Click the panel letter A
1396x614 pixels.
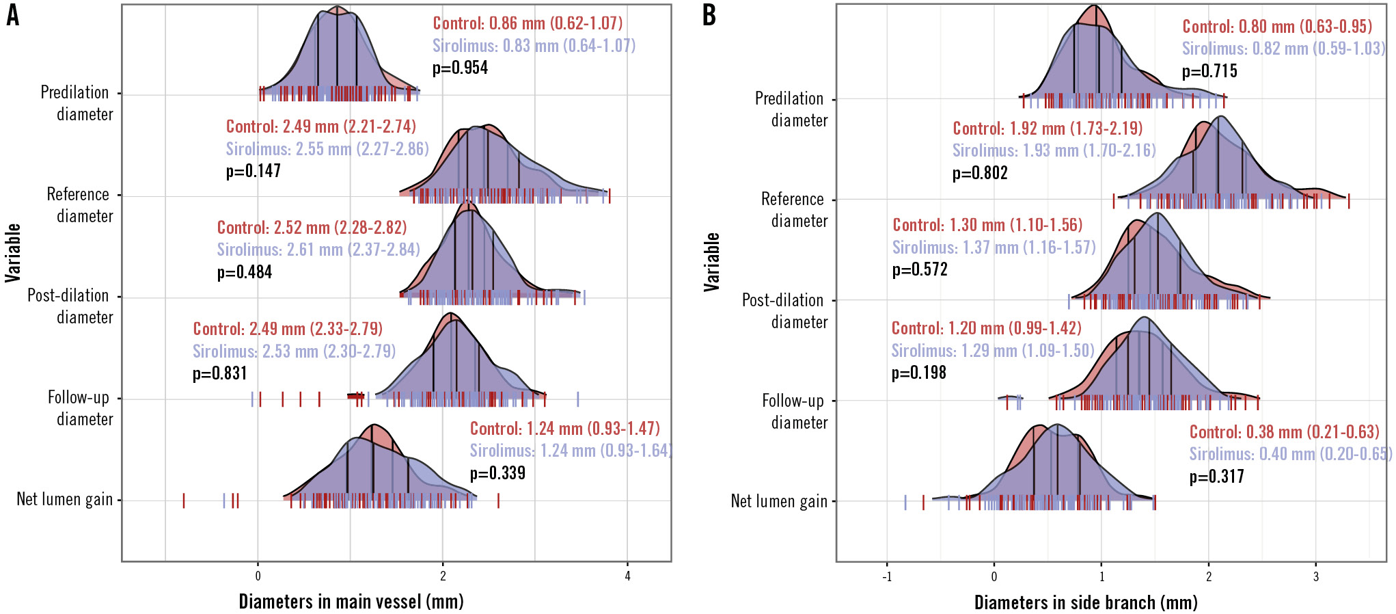pyautogui.click(x=12, y=14)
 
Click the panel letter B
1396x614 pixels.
pyautogui.click(x=709, y=14)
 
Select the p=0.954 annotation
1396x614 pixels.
pyautogui.click(x=460, y=68)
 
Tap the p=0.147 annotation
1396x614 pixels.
pyautogui.click(x=254, y=171)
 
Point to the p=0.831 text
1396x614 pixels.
pyautogui.click(x=220, y=373)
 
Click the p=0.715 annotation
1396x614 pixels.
pyautogui.click(x=1209, y=71)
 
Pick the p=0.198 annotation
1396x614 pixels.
pyautogui.click(x=919, y=373)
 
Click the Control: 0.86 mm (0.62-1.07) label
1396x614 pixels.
pyautogui.click(x=528, y=23)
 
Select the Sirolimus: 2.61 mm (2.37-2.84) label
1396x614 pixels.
pyautogui.click(x=318, y=250)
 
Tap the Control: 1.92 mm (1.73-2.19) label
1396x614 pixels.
pyautogui.click(x=1048, y=129)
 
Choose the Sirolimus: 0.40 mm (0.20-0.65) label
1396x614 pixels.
pyautogui.click(x=1290, y=454)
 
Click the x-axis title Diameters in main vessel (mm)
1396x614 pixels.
pyautogui.click(x=351, y=602)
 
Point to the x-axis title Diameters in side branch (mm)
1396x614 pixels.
pyautogui.click(x=1086, y=602)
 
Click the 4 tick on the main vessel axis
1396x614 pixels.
pyautogui.click(x=627, y=576)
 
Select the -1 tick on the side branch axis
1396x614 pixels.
pyautogui.click(x=886, y=576)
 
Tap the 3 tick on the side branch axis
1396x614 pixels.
pyautogui.click(x=1315, y=576)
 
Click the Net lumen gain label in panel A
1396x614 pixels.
pyautogui.click(x=64, y=500)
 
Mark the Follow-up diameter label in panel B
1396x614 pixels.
pyautogui.click(x=793, y=412)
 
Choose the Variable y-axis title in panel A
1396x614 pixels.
pyautogui.click(x=13, y=253)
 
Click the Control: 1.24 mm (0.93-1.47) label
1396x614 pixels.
pyautogui.click(x=565, y=429)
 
